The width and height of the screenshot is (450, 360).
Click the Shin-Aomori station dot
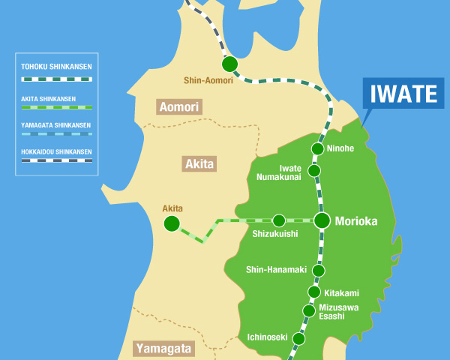click(x=229, y=64)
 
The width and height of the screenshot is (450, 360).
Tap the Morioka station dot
click(x=322, y=220)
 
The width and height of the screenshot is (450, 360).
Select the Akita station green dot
click(x=172, y=223)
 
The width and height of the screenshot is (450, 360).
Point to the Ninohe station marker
click(x=317, y=148)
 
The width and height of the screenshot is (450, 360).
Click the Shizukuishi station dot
click(x=279, y=220)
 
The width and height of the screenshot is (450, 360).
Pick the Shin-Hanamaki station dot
click(x=319, y=270)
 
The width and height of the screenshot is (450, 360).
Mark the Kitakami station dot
click(x=314, y=292)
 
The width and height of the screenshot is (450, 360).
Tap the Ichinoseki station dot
click(x=298, y=338)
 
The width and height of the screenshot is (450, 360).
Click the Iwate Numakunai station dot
click(x=314, y=171)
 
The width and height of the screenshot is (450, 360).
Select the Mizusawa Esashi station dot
click(x=308, y=310)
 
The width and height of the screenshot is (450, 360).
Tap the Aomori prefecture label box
click(x=178, y=107)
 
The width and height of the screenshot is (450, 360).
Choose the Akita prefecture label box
click(x=199, y=163)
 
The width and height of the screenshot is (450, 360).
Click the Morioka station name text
click(x=355, y=221)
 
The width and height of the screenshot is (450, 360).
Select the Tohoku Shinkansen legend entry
click(x=56, y=73)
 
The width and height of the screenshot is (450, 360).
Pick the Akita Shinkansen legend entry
click(x=56, y=102)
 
